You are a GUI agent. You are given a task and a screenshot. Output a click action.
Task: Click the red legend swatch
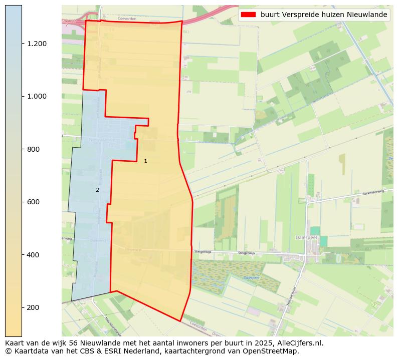click(x=248, y=15)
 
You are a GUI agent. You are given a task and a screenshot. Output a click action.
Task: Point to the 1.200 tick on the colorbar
click(x=37, y=44)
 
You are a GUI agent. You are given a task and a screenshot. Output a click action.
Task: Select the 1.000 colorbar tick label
click(x=37, y=96)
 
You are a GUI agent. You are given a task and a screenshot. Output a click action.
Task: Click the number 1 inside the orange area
click(x=145, y=161)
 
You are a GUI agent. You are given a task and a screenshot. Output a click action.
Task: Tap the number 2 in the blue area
click(x=97, y=190)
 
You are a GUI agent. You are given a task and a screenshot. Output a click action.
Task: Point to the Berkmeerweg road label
click(x=372, y=192)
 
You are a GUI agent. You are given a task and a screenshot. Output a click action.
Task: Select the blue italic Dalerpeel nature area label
click(x=251, y=277)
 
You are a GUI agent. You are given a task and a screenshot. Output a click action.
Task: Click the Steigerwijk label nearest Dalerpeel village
click(x=247, y=253)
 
